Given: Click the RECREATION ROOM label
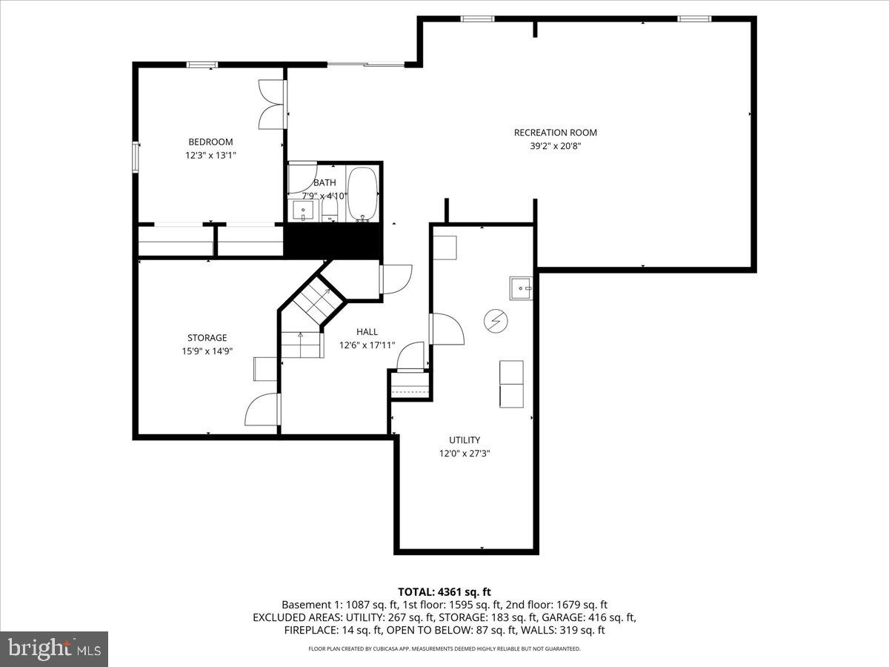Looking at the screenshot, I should (555, 133).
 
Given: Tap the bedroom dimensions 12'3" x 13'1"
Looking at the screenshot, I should (210, 156).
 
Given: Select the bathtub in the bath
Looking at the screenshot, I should (362, 194).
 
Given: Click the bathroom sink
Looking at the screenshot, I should (304, 211).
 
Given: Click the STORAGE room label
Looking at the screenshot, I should (207, 338).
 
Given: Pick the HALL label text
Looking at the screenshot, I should (367, 332).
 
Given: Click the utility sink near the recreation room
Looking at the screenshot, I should (521, 287).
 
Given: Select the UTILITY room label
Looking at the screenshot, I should (465, 439).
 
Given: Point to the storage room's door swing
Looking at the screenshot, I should (262, 410).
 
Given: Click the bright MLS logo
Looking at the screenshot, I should (54, 648).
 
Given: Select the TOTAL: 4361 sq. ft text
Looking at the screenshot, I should (444, 591).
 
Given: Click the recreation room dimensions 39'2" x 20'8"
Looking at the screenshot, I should (555, 146).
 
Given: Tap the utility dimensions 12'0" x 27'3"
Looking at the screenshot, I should (465, 453).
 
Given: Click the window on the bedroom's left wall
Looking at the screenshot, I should (136, 157).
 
